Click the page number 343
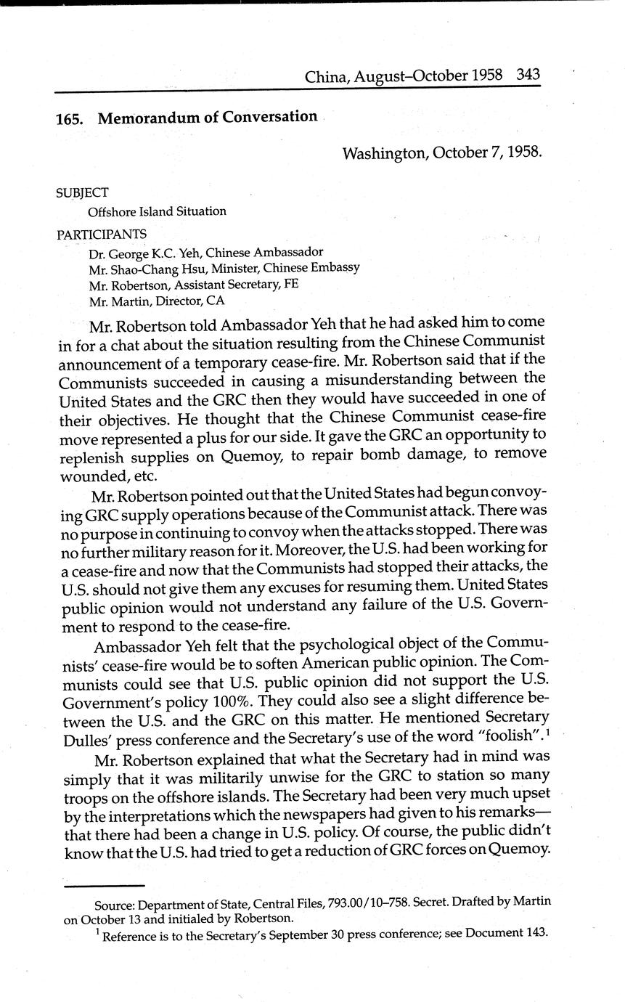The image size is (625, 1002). point(528,75)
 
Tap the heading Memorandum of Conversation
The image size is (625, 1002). point(208,117)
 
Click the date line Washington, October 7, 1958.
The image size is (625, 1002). point(441,152)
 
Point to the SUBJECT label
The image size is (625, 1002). point(82,193)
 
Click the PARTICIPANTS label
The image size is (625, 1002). point(101,234)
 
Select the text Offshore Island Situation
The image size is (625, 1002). point(157,211)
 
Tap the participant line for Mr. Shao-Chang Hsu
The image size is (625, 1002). point(224,268)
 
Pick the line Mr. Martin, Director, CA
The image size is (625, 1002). point(156,298)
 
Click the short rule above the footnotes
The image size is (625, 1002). point(104,885)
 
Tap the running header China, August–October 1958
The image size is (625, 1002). point(407,76)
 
